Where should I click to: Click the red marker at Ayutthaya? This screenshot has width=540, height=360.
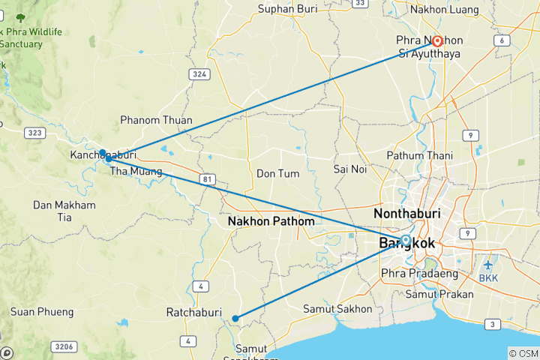(x=436, y=42)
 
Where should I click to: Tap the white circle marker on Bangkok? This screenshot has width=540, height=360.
(x=406, y=240)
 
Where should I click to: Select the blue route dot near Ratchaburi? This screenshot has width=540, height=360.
(x=235, y=319)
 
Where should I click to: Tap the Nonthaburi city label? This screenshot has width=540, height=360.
(x=406, y=214)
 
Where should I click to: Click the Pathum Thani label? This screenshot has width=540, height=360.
(x=416, y=155)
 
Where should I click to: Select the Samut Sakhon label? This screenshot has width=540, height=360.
(x=337, y=309)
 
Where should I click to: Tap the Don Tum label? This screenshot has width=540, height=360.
(x=277, y=173)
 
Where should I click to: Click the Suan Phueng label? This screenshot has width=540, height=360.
(x=42, y=311)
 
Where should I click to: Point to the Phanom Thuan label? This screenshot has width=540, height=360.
(x=156, y=120)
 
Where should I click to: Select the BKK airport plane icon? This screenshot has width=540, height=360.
(x=488, y=265)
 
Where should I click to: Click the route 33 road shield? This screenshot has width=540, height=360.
(x=361, y=3)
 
